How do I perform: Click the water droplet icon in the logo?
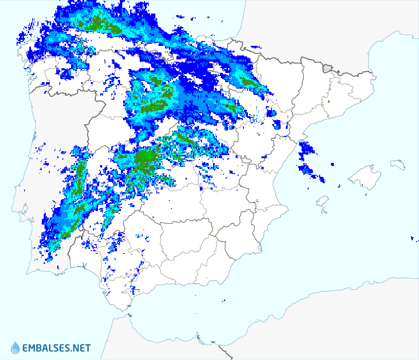coord(15,348)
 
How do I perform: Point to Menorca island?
coord(398,164)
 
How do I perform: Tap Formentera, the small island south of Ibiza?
coord(323,212)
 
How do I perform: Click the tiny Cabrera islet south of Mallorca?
coord(364,187)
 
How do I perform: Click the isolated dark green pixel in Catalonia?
coord(329,102)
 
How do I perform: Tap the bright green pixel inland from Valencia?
coord(258,201)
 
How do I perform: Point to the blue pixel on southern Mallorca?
coord(362,186)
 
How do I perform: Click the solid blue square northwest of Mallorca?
coord(332,165)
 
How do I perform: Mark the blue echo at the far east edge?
coord(412,238)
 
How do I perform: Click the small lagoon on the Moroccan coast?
coord(199,337)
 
